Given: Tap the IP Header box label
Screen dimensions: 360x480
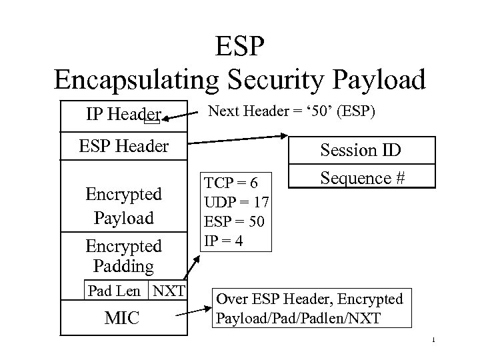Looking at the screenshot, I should [123, 115].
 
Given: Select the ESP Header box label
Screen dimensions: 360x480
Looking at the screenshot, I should [124, 145].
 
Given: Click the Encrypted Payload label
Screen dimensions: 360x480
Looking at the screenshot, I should [124, 205].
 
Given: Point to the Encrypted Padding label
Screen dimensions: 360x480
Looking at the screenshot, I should [124, 256].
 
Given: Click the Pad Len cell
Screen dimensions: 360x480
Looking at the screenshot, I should [114, 291].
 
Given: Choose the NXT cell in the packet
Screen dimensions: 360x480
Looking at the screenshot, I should [169, 291].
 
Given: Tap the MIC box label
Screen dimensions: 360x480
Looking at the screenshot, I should [123, 317].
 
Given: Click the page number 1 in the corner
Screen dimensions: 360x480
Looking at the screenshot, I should [433, 342].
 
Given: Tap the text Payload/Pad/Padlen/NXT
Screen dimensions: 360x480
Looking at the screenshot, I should [299, 317].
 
